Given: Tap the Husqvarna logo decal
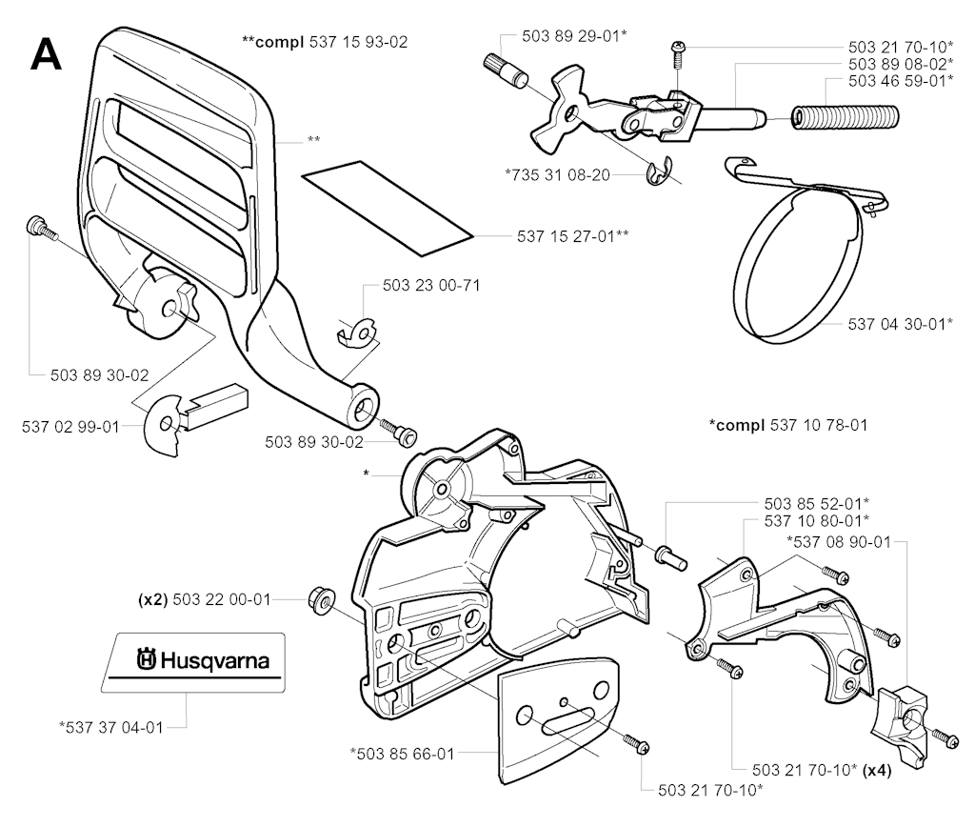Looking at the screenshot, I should [x=200, y=659].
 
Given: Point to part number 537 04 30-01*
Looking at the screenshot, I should [x=900, y=324].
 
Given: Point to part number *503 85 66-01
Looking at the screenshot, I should [x=401, y=753].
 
